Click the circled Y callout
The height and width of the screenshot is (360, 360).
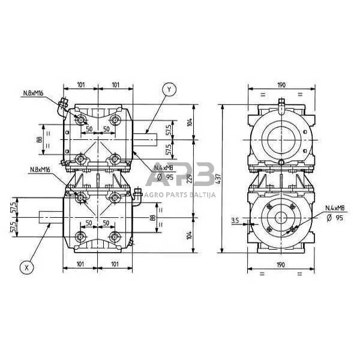[170, 90]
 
